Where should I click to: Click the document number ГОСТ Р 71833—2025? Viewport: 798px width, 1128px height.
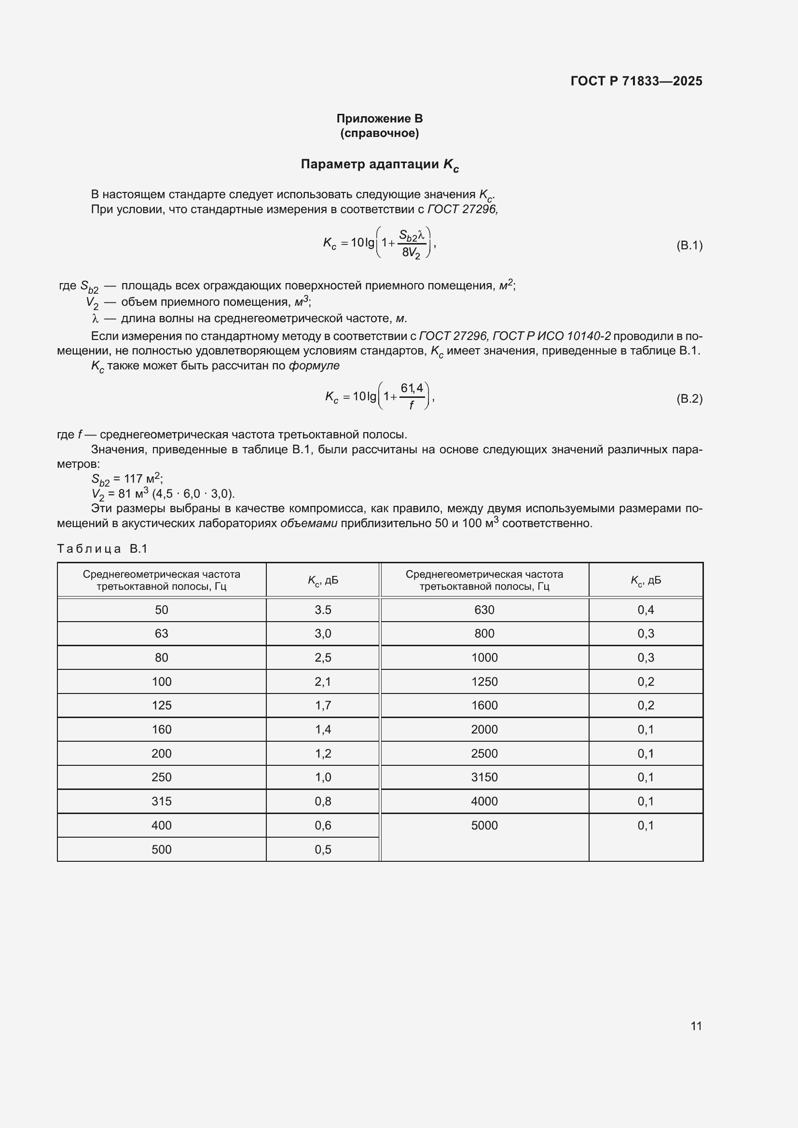tap(636, 81)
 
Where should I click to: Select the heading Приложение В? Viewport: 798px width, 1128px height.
tap(379, 119)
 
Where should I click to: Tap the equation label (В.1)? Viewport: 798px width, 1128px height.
tap(689, 245)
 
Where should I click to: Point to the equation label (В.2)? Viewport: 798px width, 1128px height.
tap(689, 398)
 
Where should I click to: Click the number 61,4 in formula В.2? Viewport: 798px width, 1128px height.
tap(412, 388)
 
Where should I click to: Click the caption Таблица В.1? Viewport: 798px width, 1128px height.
tap(102, 549)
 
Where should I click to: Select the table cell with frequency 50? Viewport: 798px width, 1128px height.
tap(161, 610)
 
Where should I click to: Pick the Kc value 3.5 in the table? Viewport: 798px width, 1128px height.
tap(323, 610)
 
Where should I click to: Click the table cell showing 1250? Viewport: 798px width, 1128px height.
tap(484, 681)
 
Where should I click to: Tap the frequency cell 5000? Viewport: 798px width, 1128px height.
tap(484, 825)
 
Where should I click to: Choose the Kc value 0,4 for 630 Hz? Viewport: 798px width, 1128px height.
tap(645, 610)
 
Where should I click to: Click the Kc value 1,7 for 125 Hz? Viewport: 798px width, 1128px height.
tap(323, 706)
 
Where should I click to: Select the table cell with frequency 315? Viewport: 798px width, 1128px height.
tap(161, 802)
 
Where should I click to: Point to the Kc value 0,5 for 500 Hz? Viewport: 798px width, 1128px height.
tap(323, 849)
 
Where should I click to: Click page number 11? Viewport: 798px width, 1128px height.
tap(696, 1026)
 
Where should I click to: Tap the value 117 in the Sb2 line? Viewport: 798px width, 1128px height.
tap(133, 478)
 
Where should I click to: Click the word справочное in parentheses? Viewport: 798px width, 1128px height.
tap(379, 133)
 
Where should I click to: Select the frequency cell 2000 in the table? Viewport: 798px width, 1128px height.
tap(484, 730)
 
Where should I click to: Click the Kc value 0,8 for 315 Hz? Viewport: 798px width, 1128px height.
tap(323, 802)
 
